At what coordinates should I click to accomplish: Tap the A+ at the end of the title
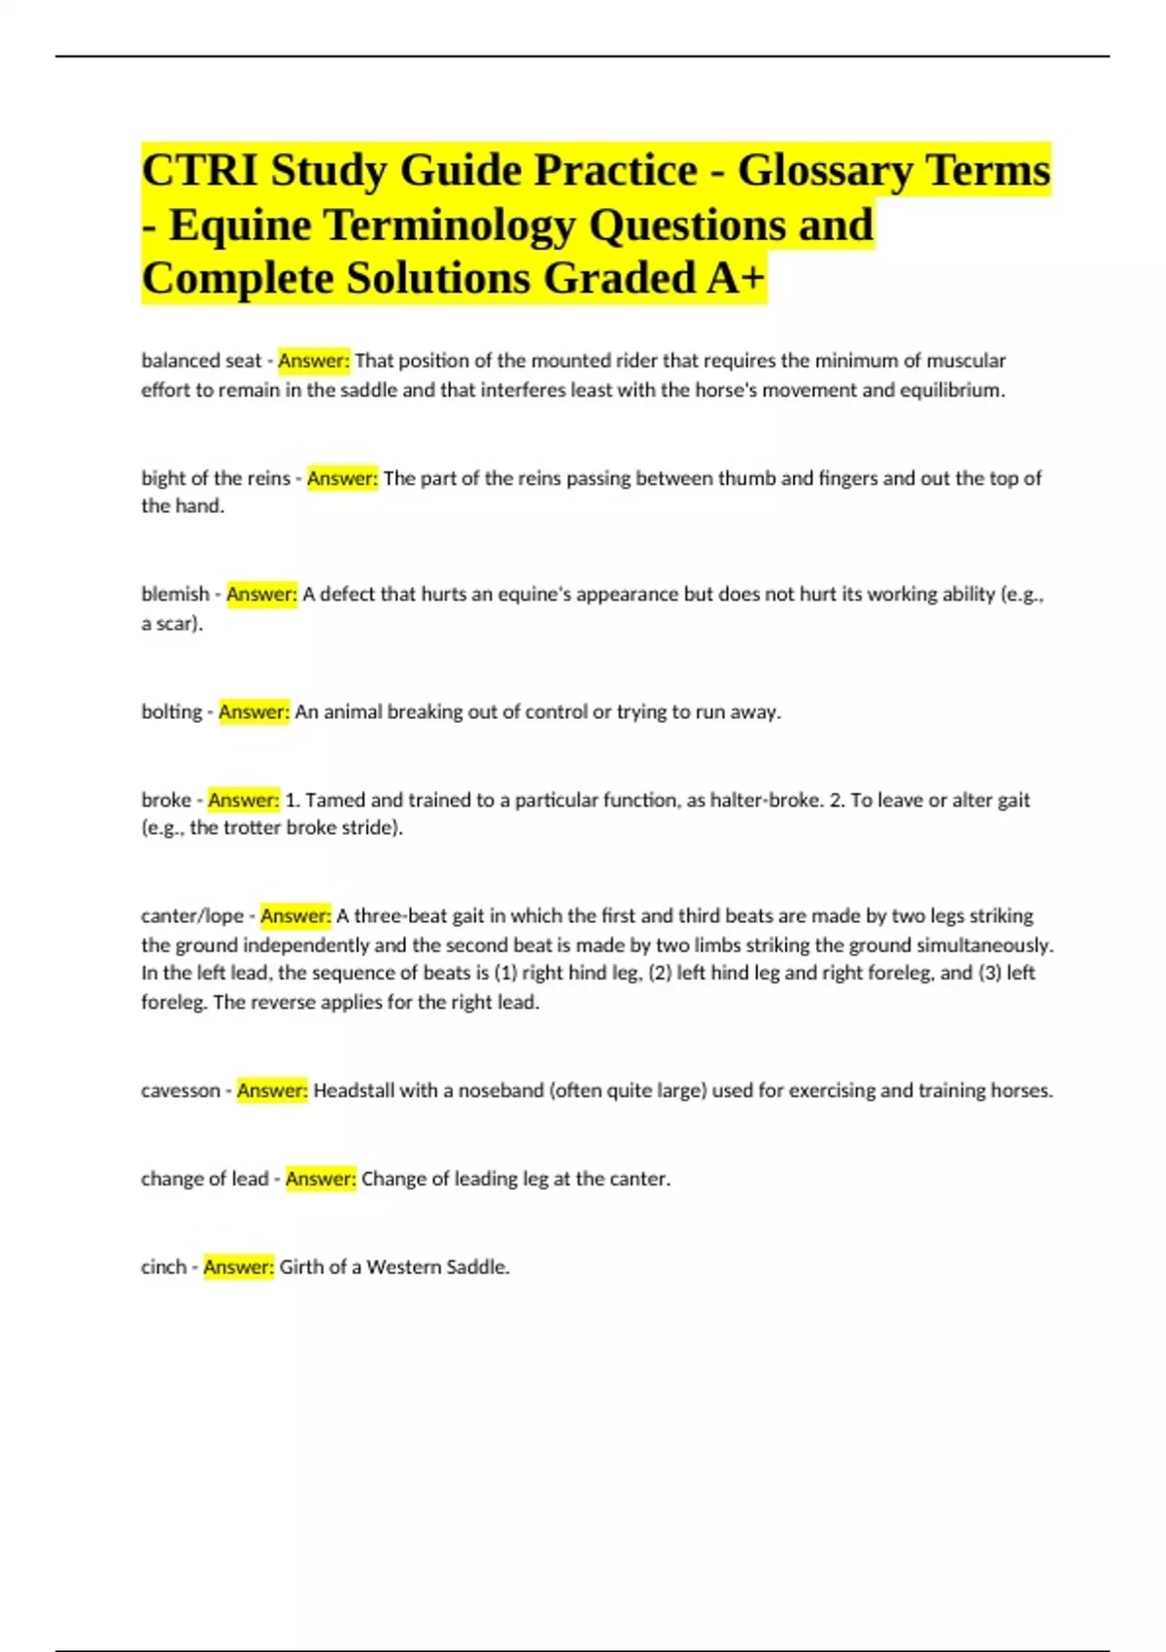pos(736,278)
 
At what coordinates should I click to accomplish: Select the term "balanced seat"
pos(201,361)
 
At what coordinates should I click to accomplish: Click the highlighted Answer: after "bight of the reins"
pos(342,478)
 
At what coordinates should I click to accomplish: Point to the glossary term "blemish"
pos(175,594)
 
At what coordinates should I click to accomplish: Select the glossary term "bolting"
pos(171,712)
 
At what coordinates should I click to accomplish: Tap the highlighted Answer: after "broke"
pos(243,800)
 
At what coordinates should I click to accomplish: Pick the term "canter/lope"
pos(192,916)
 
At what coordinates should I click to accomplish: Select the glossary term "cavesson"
pos(181,1090)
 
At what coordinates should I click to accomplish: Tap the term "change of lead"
pos(204,1179)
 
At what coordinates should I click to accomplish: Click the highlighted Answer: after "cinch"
pos(238,1267)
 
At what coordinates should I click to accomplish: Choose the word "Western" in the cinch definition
pos(398,1267)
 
